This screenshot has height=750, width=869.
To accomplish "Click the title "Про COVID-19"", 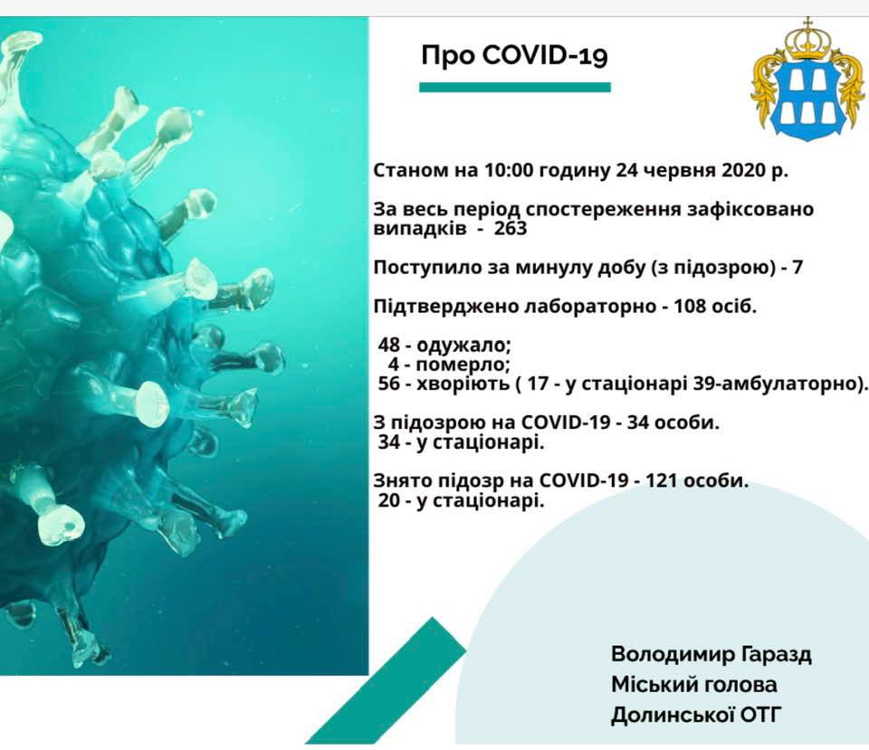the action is (514, 56).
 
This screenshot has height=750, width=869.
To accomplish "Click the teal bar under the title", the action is (515, 87).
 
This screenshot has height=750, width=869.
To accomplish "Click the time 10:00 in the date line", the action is (508, 170).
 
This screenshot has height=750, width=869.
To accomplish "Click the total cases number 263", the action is (511, 228).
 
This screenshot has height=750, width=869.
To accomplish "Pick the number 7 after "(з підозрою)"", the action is (797, 268).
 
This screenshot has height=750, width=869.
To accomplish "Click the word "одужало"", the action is (463, 346).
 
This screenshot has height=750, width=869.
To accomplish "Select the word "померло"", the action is (463, 365).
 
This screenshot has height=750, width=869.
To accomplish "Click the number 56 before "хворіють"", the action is (389, 384).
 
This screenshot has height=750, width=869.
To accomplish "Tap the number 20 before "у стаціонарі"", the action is (389, 500).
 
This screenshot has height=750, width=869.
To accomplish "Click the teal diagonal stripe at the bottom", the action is (387, 681).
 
